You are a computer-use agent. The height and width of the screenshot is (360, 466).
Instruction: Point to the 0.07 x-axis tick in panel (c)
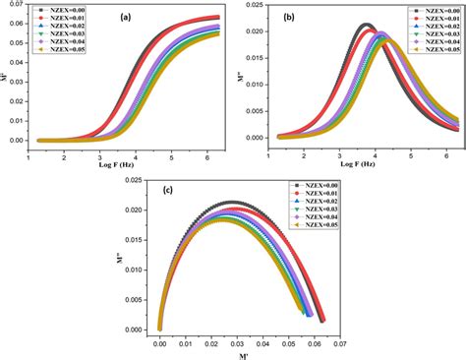click(x=338, y=344)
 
